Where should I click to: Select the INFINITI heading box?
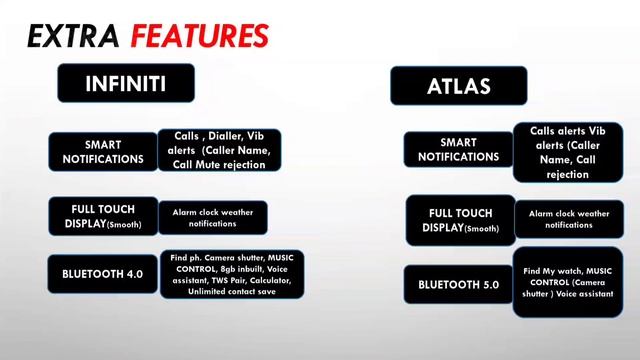pos(124,83)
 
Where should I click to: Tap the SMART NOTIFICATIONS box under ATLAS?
pos(457,150)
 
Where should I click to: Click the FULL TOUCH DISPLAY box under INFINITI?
pos(104,216)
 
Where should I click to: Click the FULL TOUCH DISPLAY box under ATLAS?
pos(460,220)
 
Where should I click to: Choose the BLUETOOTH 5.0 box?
pos(458,285)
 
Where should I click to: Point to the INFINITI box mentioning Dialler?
pos(219,150)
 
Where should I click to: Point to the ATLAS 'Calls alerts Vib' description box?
pos(567,152)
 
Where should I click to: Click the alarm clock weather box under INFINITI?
pos(212,217)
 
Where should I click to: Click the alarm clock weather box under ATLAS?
pos(568,219)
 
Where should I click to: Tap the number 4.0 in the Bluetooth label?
pos(135,274)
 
